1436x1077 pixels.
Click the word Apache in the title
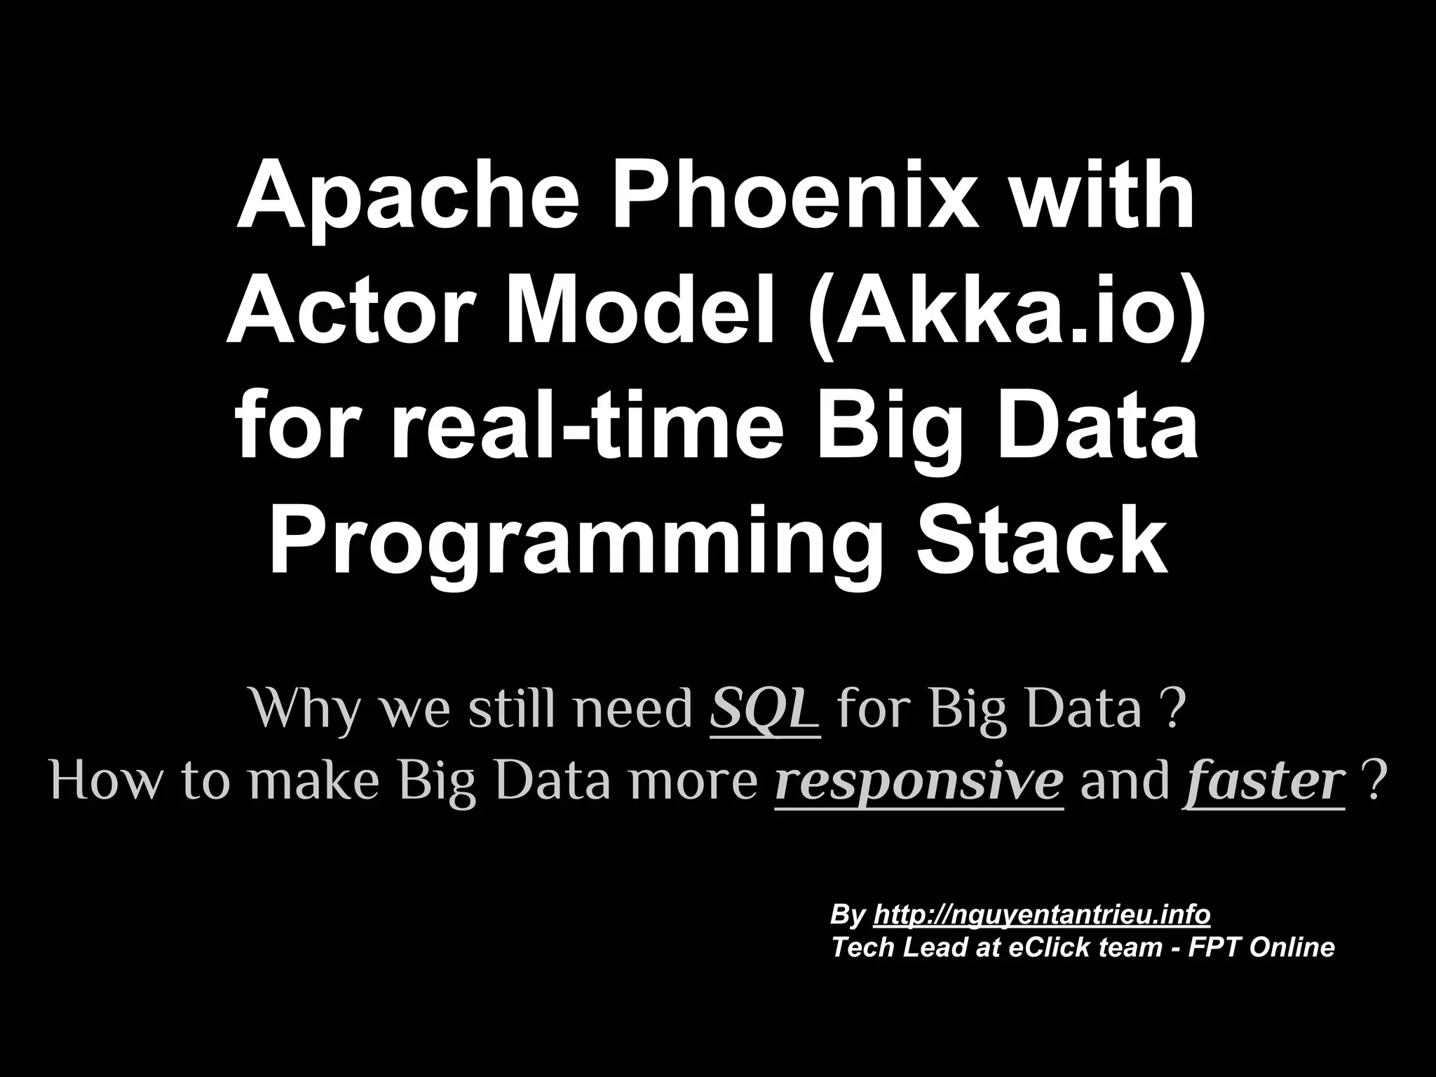coord(407,196)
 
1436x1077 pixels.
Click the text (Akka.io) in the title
coord(1007,312)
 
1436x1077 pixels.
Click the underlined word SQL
coord(764,710)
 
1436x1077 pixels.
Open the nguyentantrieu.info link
coord(1042,915)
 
